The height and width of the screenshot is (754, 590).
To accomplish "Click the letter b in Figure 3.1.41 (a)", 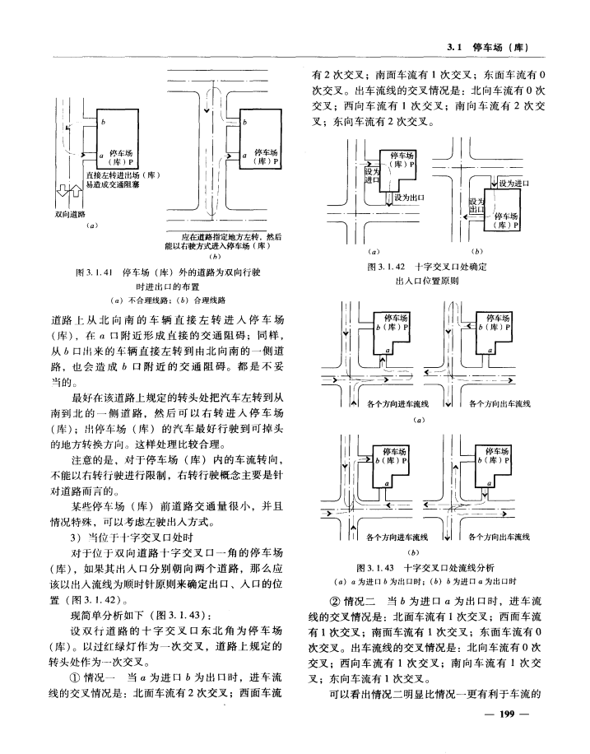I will coord(104,122).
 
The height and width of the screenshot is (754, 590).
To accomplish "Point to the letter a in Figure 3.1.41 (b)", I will coord(245,154).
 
